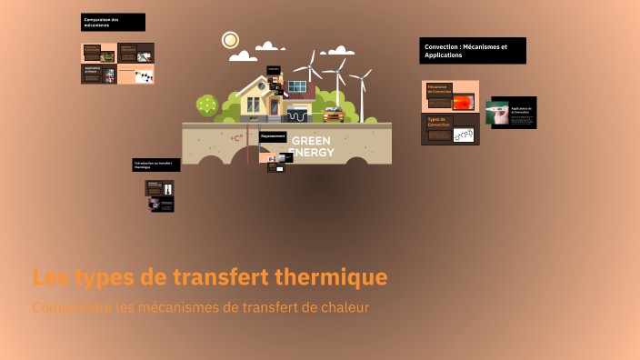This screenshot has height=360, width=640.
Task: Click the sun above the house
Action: click(x=230, y=40)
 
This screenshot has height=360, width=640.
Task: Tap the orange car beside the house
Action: click(x=333, y=115)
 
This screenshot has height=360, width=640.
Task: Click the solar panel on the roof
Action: click(x=297, y=87)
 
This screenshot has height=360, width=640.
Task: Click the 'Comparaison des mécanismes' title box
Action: click(x=113, y=23)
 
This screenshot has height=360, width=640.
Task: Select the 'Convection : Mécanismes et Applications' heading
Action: click(x=473, y=50)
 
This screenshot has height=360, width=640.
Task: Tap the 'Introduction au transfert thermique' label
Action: click(x=156, y=165)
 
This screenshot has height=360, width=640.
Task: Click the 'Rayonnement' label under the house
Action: click(x=274, y=136)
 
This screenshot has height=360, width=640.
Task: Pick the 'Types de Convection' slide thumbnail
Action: click(x=450, y=129)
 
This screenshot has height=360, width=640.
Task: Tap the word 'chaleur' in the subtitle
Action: click(x=345, y=307)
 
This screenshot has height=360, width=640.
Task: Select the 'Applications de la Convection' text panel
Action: click(x=523, y=113)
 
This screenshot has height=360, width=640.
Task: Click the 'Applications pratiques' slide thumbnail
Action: click(x=99, y=74)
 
